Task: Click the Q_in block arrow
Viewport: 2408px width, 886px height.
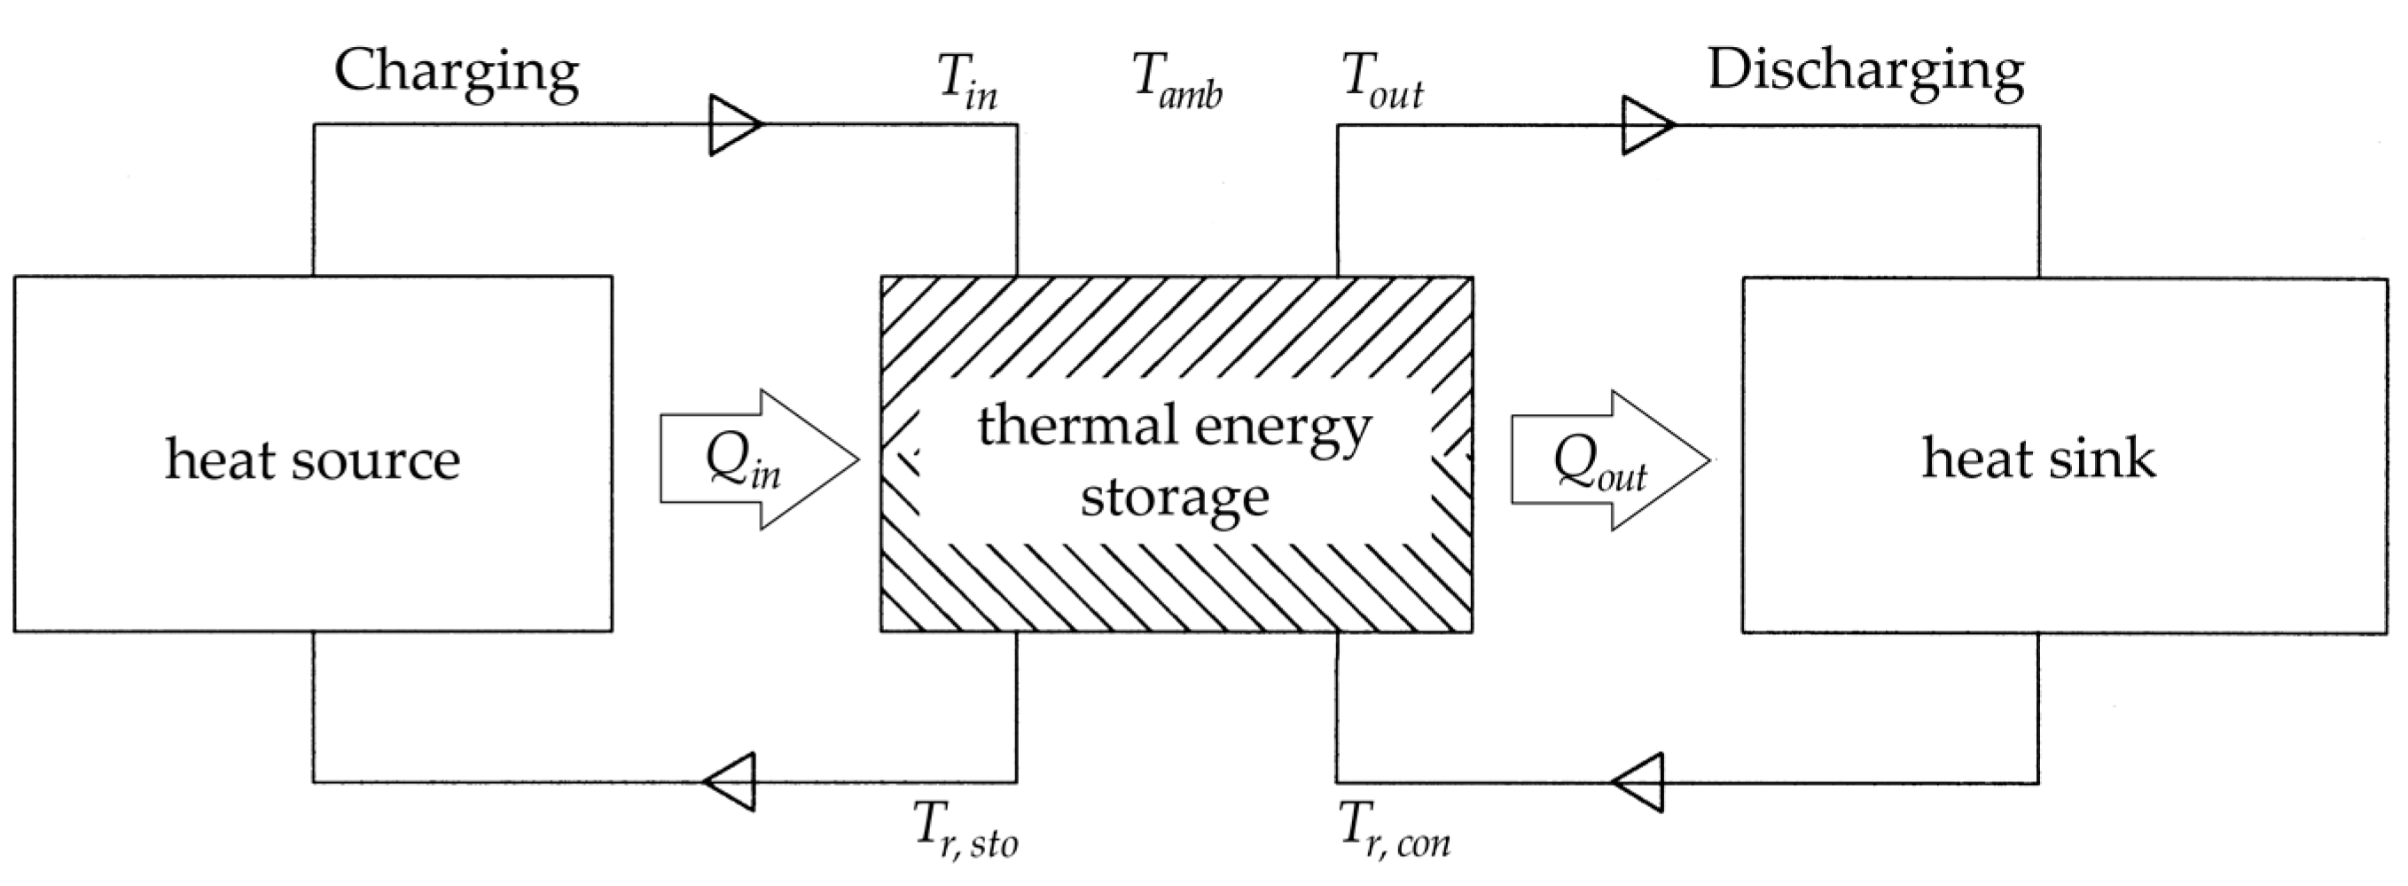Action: click(x=757, y=459)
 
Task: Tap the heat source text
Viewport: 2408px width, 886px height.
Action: click(x=312, y=459)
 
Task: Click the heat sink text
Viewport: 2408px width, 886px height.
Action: click(x=2037, y=459)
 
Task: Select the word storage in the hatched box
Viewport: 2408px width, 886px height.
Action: click(x=1175, y=497)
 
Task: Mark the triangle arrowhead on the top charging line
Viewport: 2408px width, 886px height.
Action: click(x=735, y=124)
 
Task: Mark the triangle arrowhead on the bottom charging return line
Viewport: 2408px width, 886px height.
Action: click(x=730, y=781)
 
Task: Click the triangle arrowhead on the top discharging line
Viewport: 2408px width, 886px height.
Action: click(x=1647, y=124)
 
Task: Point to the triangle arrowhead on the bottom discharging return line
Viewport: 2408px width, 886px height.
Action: click(x=1639, y=781)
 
